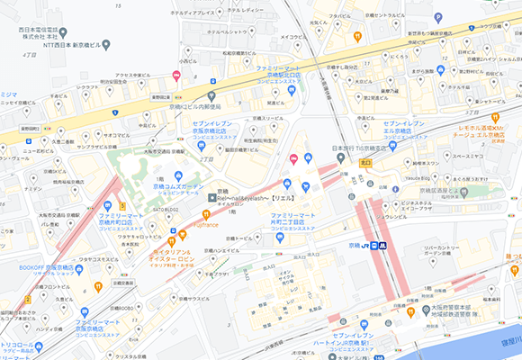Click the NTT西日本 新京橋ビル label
click(x=61, y=45)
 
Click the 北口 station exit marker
click(x=365, y=163)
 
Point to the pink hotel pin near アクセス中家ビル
click(x=176, y=76)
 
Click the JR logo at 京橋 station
click(x=370, y=245)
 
